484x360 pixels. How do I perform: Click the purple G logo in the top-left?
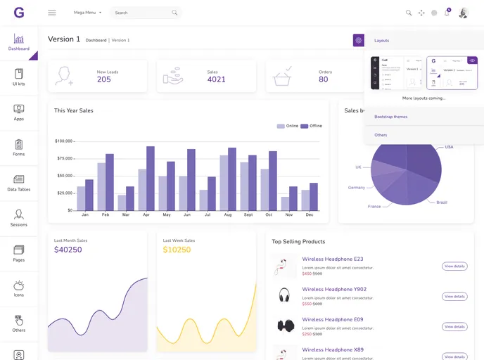click(19, 13)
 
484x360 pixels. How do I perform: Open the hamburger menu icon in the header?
click(52, 13)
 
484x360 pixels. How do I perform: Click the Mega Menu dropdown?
click(88, 13)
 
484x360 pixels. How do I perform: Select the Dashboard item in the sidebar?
click(19, 43)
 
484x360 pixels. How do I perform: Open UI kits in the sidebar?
click(19, 77)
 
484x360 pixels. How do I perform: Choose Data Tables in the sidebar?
click(19, 183)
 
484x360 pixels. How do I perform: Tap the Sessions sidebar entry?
click(19, 218)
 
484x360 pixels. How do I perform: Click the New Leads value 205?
click(104, 79)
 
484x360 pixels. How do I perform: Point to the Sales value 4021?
click(216, 79)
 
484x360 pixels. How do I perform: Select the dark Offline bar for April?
click(151, 179)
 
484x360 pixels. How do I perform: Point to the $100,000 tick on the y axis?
click(64, 141)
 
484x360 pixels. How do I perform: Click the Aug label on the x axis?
click(228, 214)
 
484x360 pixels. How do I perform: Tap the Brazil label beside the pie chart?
click(442, 202)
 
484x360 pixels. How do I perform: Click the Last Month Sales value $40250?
click(68, 250)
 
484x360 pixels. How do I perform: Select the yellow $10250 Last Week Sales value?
click(177, 250)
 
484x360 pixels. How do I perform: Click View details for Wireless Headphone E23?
click(454, 266)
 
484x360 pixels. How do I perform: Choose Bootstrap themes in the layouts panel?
click(390, 117)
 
